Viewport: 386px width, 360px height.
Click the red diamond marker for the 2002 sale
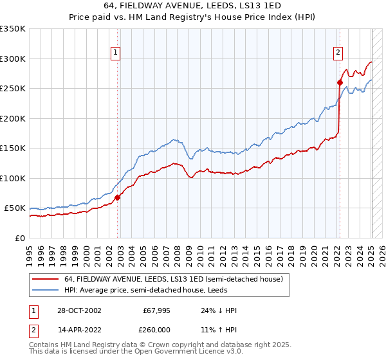pyautogui.click(x=118, y=198)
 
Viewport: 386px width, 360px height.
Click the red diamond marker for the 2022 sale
pyautogui.click(x=339, y=82)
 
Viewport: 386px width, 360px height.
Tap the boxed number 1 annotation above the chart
pyautogui.click(x=115, y=53)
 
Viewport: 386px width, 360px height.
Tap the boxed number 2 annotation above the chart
pyautogui.click(x=338, y=53)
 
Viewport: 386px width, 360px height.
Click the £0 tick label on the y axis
pyautogui.click(x=19, y=238)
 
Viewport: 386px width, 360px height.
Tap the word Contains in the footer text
pyautogui.click(x=45, y=345)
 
